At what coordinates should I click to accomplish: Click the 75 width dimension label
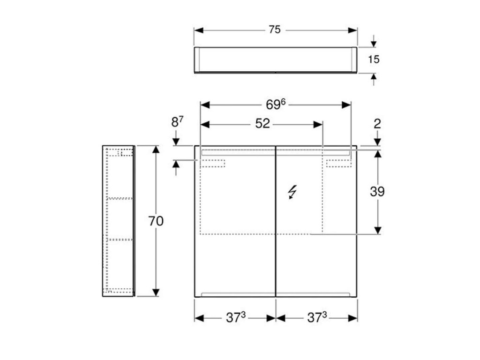point(275,30)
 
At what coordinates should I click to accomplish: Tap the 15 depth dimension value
point(374,59)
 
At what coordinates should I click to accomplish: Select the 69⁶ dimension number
point(276,105)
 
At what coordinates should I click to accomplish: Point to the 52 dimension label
point(262,123)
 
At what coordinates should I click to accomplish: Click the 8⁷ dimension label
point(177,122)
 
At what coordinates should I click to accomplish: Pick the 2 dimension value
point(377,123)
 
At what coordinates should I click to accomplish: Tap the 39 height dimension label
point(377,192)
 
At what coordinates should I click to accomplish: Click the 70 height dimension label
point(156,221)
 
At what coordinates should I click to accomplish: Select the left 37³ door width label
point(236,317)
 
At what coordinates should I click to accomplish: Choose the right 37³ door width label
point(317,317)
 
